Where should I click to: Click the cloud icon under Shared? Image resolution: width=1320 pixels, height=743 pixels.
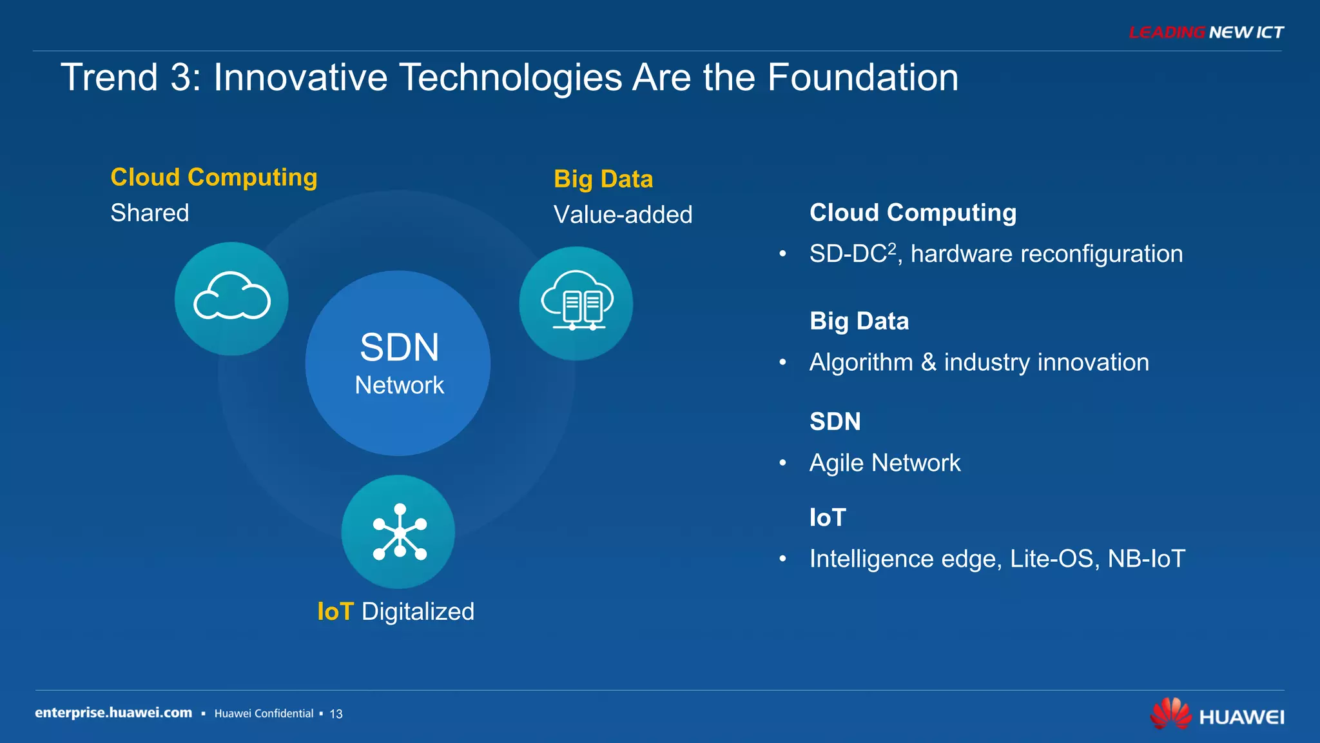coord(231,299)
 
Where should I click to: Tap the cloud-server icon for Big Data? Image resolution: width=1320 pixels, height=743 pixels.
coord(576,303)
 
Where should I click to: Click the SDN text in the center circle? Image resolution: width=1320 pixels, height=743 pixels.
coord(399,348)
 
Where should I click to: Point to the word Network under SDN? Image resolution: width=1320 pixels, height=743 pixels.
coord(399,385)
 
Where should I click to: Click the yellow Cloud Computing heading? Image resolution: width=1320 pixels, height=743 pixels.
coord(213,177)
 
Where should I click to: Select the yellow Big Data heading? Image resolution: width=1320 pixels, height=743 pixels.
coord(603,179)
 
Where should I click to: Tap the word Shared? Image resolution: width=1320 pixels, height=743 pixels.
coord(150,213)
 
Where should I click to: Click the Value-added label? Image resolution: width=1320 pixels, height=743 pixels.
coord(623,215)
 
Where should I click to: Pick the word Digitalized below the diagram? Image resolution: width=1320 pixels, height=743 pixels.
coord(418,611)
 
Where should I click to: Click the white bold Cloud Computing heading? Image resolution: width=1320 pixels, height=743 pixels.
coord(913,213)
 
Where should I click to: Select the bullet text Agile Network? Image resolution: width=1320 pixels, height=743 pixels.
coord(884,463)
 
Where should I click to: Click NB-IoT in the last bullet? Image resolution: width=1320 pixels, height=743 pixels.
coord(1146,559)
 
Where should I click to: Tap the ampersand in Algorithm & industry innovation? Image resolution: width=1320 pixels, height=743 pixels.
coord(928,362)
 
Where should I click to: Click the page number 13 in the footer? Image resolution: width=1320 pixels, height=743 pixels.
coord(336,714)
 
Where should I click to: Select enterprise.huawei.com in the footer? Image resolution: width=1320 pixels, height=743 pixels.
coord(113,713)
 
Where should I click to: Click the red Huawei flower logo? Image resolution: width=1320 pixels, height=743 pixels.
coord(1170,713)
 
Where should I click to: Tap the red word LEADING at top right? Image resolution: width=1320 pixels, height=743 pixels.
coord(1167,32)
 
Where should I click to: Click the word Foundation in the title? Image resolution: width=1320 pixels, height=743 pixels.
coord(862,78)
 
